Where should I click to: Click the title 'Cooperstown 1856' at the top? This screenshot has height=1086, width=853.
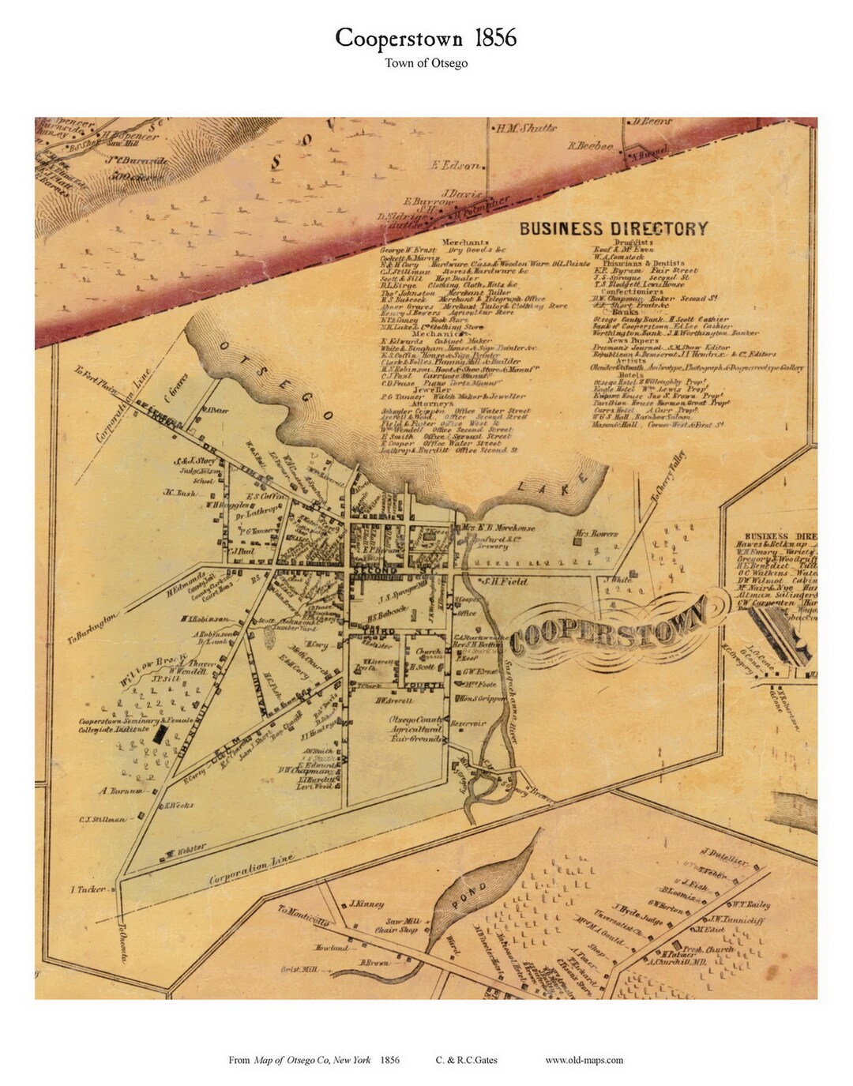click(426, 38)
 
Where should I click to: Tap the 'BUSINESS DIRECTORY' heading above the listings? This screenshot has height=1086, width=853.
click(613, 229)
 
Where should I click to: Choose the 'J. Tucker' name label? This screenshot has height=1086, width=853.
click(88, 889)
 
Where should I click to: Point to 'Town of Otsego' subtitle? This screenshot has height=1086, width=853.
click(426, 64)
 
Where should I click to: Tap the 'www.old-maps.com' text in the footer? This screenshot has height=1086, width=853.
click(584, 1060)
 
